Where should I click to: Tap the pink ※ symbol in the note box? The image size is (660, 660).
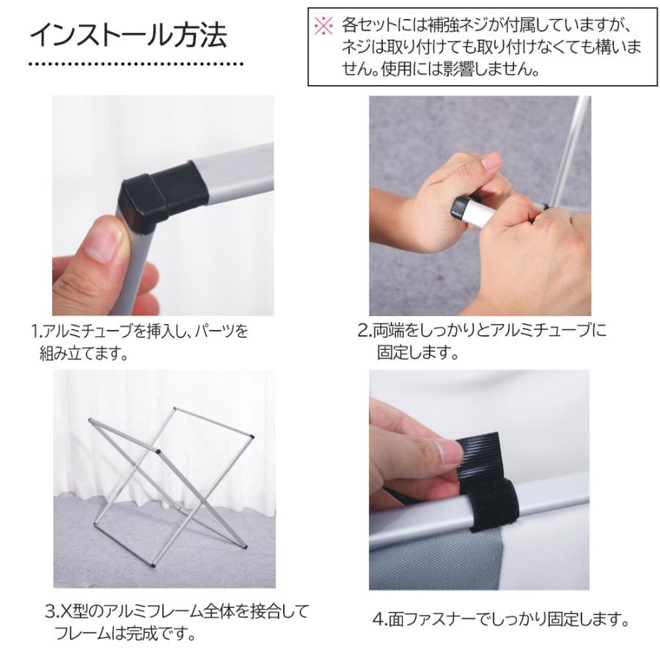pos(323,26)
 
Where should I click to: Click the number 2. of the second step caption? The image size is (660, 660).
pos(364,331)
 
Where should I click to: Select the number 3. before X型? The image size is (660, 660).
pos(51,611)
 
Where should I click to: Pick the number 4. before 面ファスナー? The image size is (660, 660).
pos(378,620)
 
